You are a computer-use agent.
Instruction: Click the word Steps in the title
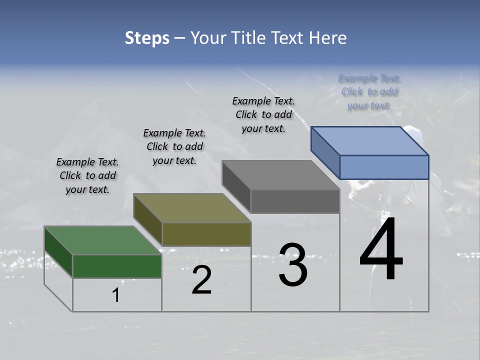click(147, 38)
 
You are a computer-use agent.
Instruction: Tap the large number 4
click(381, 250)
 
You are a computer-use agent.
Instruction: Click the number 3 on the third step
click(293, 265)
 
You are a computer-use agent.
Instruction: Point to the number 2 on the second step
click(201, 280)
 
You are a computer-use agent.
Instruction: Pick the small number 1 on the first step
click(116, 295)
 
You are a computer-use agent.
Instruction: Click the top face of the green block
click(102, 240)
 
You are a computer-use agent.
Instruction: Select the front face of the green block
click(117, 266)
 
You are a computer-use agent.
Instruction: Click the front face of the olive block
click(206, 234)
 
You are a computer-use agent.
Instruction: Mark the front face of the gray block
click(295, 201)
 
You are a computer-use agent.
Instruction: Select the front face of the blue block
click(384, 167)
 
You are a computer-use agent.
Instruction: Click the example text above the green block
click(87, 175)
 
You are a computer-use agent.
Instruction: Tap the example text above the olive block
click(174, 146)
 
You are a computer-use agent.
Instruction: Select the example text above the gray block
click(263, 114)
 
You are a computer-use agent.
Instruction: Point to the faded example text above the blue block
click(369, 92)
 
